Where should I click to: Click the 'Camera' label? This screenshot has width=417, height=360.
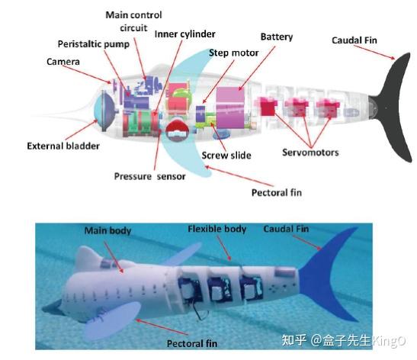(x=63, y=62)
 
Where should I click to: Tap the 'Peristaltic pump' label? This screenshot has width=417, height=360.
(x=94, y=44)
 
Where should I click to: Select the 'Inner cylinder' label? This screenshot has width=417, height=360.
(x=184, y=34)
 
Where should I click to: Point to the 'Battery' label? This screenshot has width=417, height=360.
(x=277, y=37)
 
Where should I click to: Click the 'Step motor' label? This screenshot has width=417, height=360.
(x=233, y=53)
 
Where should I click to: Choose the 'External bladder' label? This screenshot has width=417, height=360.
(x=63, y=146)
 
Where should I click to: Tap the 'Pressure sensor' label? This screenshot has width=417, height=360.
(x=149, y=176)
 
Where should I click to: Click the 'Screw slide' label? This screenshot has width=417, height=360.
(x=226, y=156)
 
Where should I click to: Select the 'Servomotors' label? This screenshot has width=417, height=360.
(x=310, y=153)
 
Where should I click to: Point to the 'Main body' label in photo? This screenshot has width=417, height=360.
(x=107, y=230)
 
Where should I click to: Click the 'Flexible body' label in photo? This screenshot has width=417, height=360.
(x=217, y=229)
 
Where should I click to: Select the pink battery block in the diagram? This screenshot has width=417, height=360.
(x=230, y=108)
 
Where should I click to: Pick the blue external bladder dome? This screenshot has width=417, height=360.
(x=104, y=111)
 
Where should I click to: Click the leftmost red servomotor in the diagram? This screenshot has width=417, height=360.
(x=268, y=107)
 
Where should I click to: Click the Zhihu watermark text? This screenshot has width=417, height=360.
(x=343, y=340)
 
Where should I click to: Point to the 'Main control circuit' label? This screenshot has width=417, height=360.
(x=133, y=21)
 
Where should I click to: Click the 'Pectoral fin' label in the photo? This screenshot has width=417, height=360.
(x=192, y=343)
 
